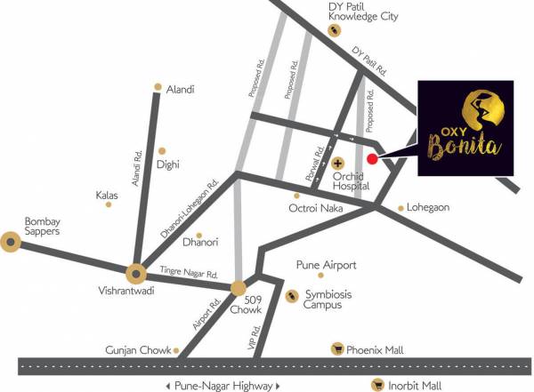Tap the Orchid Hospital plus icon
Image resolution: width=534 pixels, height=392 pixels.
coord(337,164)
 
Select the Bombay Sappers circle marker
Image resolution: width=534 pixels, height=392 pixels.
coord(11,240)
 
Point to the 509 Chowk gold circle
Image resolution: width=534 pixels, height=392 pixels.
coord(239,288)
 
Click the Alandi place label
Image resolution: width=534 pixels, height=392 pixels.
coord(180,89)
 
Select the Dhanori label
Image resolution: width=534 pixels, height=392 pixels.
coord(200,241)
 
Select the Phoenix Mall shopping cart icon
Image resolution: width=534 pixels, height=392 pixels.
coord(337,348)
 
